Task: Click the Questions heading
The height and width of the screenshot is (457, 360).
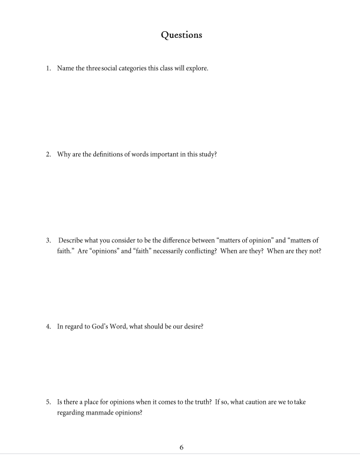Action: point(181,35)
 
